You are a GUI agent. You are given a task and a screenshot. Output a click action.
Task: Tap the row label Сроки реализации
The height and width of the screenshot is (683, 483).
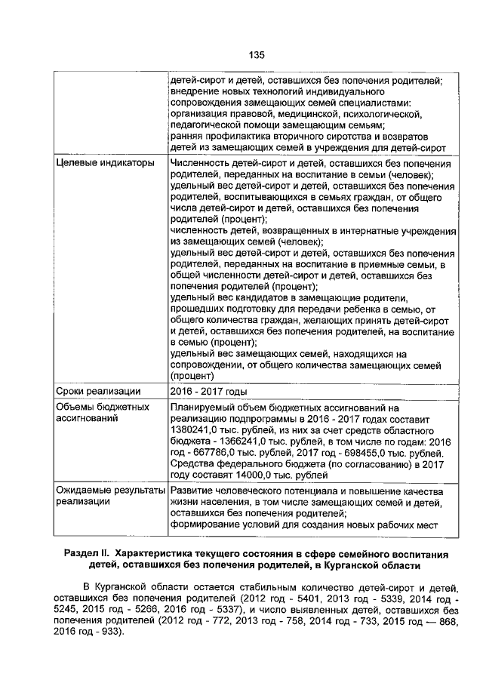(99, 391)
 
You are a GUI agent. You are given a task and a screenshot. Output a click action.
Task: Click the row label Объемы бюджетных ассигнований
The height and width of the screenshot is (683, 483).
(102, 413)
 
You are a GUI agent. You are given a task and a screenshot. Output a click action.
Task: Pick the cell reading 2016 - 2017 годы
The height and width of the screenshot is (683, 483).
(209, 391)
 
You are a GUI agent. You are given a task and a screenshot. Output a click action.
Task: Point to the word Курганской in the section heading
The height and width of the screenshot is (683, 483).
(346, 566)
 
